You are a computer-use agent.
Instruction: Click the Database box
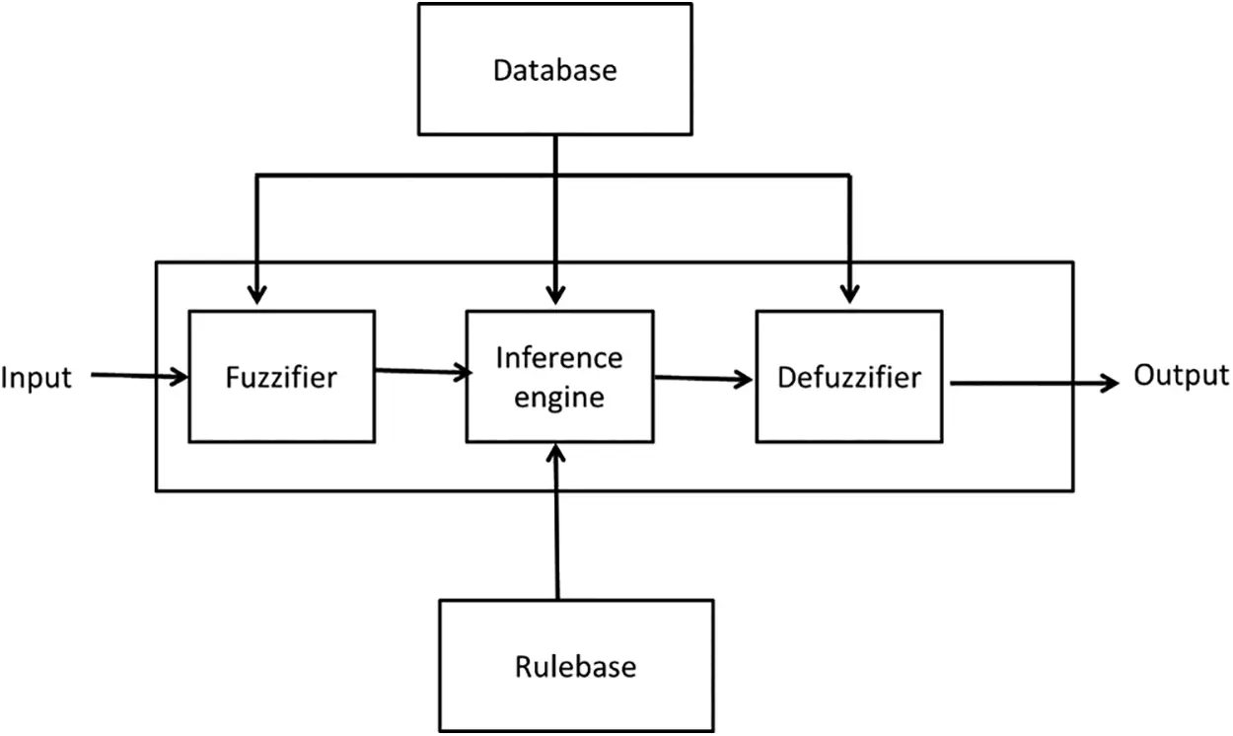click(555, 69)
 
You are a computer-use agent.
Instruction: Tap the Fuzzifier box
click(281, 376)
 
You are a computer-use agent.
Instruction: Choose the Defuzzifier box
click(848, 376)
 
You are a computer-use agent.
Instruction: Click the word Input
click(36, 378)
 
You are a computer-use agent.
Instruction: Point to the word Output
click(1181, 375)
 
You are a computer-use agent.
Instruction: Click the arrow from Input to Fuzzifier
click(138, 375)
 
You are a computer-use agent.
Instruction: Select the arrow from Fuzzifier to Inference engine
click(420, 371)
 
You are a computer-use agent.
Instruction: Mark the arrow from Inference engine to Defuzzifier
click(702, 378)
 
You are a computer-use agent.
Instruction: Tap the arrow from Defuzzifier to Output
click(1031, 382)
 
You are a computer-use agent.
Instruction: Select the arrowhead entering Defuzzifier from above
click(849, 293)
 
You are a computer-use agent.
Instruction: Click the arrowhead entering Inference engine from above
click(556, 294)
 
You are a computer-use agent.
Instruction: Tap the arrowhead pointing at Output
click(1111, 382)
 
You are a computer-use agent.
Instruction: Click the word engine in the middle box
click(559, 397)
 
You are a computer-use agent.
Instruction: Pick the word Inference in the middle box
click(559, 357)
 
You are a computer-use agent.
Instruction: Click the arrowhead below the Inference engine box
click(557, 454)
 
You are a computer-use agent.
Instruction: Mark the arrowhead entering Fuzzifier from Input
click(180, 376)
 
